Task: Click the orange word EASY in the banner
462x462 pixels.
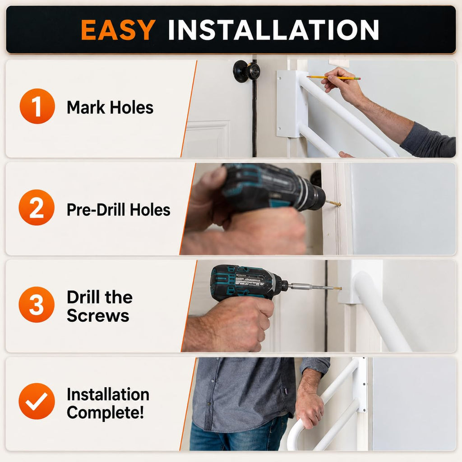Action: click(x=118, y=29)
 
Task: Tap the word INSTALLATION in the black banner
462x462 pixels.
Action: click(x=273, y=29)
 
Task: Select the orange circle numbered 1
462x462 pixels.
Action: click(x=37, y=106)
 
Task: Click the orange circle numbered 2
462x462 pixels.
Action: click(x=37, y=208)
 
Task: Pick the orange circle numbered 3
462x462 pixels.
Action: click(x=37, y=305)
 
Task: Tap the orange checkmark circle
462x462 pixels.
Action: click(x=37, y=401)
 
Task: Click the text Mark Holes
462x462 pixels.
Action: click(x=110, y=107)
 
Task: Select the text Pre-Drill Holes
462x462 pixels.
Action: click(x=119, y=210)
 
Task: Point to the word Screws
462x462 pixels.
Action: click(x=98, y=315)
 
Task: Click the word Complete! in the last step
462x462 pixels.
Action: click(x=105, y=412)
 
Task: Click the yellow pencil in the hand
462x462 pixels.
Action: click(x=333, y=78)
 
